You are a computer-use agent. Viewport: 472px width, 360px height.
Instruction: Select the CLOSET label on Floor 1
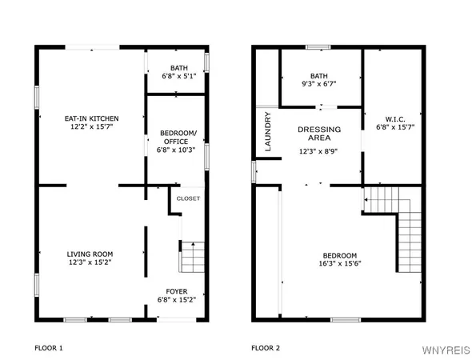click(188, 198)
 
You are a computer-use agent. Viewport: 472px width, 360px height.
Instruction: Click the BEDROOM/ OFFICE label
click(174, 137)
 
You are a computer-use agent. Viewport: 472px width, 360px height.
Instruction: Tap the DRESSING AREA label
click(319, 134)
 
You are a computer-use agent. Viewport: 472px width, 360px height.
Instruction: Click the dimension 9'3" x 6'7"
click(319, 82)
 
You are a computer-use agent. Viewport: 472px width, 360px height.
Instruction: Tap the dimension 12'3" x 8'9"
click(319, 150)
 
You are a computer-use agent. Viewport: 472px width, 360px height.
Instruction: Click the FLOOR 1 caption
click(48, 348)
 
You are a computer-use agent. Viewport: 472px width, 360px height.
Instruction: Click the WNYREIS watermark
click(446, 348)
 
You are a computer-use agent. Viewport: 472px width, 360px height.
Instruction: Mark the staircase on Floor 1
click(193, 258)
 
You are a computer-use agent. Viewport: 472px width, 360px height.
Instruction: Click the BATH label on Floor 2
click(319, 74)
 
